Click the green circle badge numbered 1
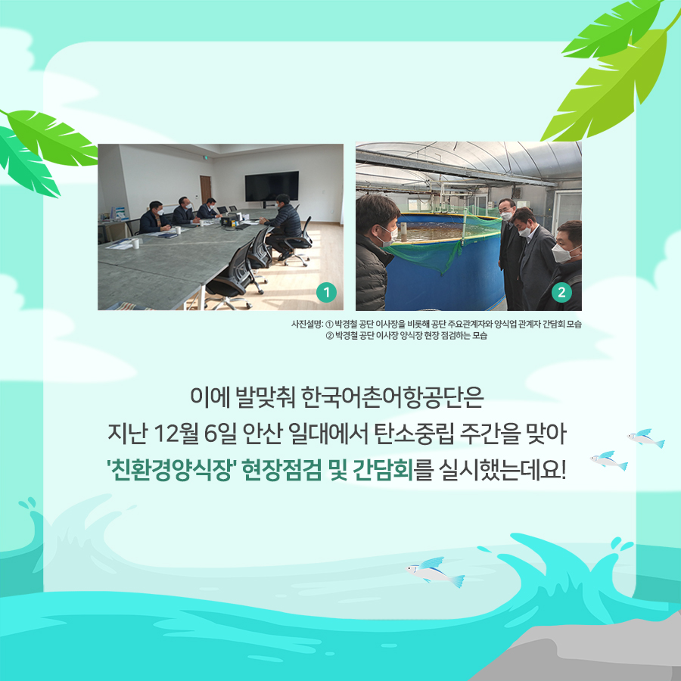[326, 292]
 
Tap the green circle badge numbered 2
[561, 292]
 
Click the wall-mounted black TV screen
[272, 186]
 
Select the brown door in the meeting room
[205, 190]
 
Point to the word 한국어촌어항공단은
[392, 396]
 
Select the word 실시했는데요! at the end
[502, 469]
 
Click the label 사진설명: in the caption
[307, 324]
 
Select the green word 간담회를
[393, 469]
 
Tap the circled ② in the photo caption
[329, 336]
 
